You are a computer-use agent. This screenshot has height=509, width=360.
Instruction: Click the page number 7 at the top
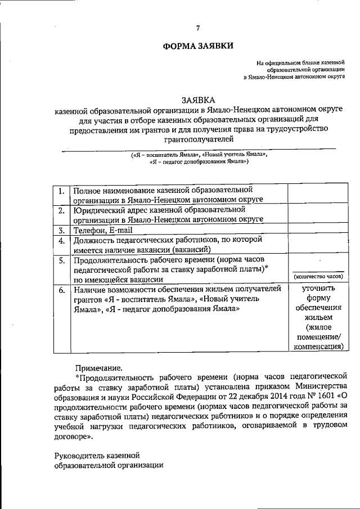(198, 28)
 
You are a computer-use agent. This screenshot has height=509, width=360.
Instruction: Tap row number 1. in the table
(60, 190)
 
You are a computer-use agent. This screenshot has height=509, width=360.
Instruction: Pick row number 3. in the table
(60, 230)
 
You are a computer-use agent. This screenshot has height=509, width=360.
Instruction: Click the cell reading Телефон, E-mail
(103, 230)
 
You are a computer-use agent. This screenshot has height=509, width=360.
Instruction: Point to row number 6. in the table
(60, 290)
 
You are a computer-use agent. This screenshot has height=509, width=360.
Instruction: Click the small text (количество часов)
(318, 277)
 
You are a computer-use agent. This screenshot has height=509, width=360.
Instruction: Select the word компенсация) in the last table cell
(318, 347)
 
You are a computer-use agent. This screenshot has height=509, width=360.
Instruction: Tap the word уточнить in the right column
(318, 289)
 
